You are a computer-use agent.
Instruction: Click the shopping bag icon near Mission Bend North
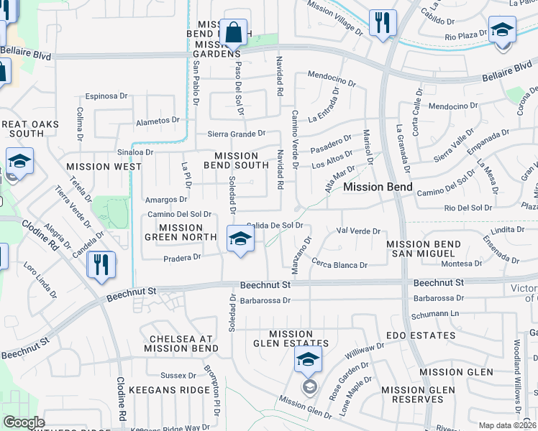coord(234,32)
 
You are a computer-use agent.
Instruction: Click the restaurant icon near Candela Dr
coord(101,264)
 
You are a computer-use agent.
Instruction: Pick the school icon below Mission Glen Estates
coord(308,361)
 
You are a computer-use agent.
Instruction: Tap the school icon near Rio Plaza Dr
coord(501,30)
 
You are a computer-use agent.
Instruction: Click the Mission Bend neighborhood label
coord(378,187)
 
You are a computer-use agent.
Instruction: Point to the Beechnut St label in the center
coord(265,285)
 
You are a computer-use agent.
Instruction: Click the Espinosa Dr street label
coord(106,96)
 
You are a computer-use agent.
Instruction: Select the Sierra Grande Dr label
coord(236,134)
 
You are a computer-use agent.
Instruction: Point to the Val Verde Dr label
coord(358,231)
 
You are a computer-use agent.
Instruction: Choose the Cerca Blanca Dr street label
coord(339,265)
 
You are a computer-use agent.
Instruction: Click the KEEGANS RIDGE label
coord(163,390)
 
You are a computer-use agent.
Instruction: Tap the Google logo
coord(24,422)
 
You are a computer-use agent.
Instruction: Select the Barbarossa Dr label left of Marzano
coord(265,300)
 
